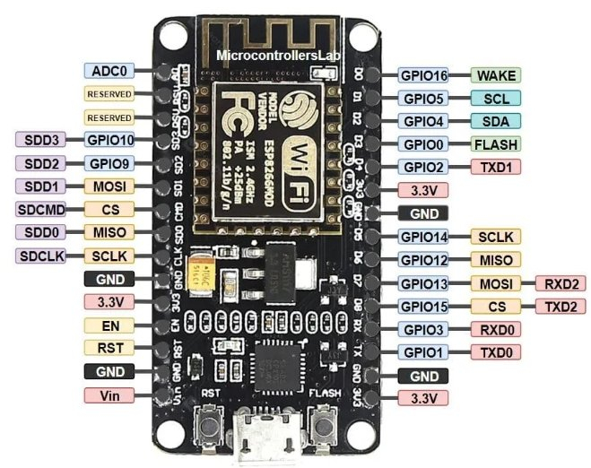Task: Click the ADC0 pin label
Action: point(109,70)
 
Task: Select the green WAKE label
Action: point(496,75)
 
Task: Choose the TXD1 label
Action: point(496,167)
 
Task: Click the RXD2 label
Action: point(560,284)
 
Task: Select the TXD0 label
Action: point(496,352)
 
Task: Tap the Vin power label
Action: point(109,395)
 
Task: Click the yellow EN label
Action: point(109,325)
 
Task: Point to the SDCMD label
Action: point(39,209)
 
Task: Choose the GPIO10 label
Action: point(109,140)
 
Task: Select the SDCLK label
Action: point(39,256)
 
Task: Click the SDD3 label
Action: point(39,140)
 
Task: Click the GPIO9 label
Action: point(109,163)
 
